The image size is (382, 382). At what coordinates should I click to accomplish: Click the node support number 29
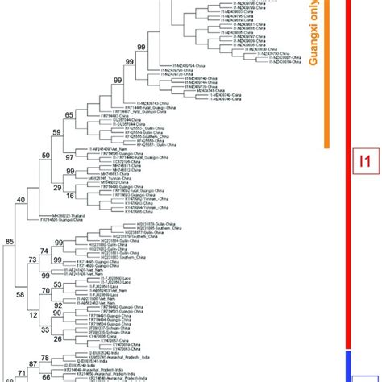[x=57, y=186]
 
